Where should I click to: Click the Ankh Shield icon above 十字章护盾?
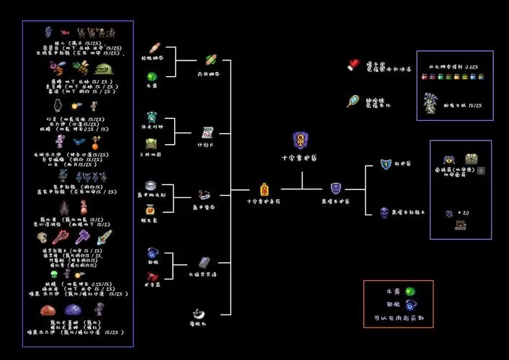click(x=300, y=140)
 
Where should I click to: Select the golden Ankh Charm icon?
click(x=264, y=189)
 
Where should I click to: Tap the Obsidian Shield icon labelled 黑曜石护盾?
click(x=335, y=189)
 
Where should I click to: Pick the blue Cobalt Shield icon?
click(x=386, y=164)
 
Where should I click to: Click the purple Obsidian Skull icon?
click(x=385, y=212)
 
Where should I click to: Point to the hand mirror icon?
click(x=353, y=101)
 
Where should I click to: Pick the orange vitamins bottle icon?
click(x=151, y=210)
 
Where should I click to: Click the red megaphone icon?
click(x=152, y=253)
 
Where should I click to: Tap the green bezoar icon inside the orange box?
click(x=410, y=292)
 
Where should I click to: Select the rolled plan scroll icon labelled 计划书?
click(x=207, y=132)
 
